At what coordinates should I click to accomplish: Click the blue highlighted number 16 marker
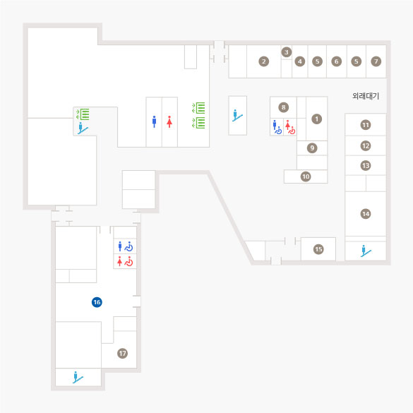point(97,302)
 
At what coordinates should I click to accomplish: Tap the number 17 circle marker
point(122,353)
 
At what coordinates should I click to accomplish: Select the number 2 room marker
point(263,61)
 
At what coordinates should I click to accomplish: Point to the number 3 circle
point(287,52)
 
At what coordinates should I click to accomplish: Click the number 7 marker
point(376,61)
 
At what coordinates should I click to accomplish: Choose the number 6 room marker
point(336,61)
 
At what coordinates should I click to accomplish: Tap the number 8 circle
point(283,107)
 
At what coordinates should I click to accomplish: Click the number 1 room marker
point(316,119)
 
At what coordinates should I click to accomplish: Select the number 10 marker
point(306,176)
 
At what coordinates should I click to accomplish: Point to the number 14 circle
point(366,214)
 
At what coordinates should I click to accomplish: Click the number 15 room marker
point(318,249)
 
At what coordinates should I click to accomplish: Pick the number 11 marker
point(366,125)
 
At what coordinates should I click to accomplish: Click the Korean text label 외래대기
point(366,96)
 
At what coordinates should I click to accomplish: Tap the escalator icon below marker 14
point(366,251)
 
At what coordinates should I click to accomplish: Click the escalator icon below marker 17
point(78,377)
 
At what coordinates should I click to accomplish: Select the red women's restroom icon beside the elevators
point(169,121)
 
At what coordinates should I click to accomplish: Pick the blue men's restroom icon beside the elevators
point(154,121)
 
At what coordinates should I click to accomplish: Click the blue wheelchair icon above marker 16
point(128,246)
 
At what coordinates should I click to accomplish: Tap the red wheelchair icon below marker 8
point(292,130)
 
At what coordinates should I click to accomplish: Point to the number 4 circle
point(300,61)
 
